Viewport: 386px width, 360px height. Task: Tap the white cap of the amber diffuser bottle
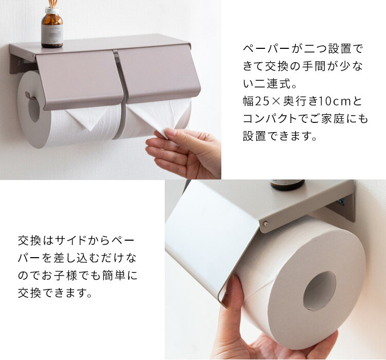52,10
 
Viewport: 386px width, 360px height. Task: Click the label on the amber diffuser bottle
52,34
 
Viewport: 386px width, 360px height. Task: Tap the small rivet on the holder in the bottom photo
266,223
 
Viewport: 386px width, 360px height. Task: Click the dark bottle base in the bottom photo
287,185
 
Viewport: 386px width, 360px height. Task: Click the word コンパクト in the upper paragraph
270,119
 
